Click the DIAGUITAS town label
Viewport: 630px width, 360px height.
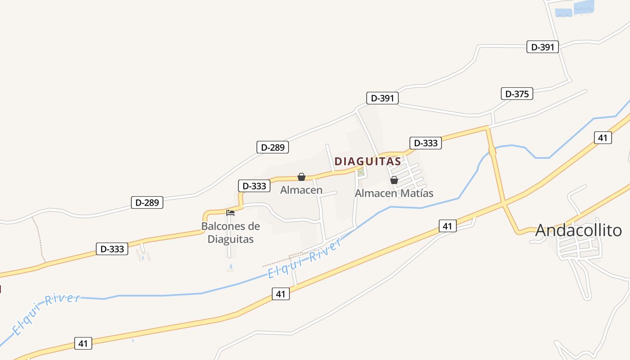(x=367, y=161)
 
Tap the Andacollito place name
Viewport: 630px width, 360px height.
(x=578, y=230)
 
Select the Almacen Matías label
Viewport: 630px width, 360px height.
(x=394, y=193)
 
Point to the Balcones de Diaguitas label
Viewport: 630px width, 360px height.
(x=230, y=232)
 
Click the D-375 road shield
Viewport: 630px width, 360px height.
(x=517, y=94)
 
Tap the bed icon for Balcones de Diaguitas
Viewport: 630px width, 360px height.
(x=230, y=212)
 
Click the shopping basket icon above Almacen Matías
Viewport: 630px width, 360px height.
(x=394, y=180)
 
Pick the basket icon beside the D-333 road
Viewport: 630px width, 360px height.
(x=301, y=177)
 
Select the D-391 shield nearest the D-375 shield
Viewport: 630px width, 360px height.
(x=542, y=47)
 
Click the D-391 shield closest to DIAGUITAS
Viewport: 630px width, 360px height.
(x=382, y=98)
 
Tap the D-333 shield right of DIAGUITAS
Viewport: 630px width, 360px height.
(x=425, y=143)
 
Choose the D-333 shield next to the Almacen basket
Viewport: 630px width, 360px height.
(x=254, y=186)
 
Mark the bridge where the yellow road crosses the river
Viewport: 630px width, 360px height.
(x=492, y=151)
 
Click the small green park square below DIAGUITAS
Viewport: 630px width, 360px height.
(x=360, y=172)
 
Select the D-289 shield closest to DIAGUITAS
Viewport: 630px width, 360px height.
(x=272, y=147)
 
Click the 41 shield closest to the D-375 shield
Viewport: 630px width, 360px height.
(x=603, y=138)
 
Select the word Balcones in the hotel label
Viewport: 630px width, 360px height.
(x=224, y=226)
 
